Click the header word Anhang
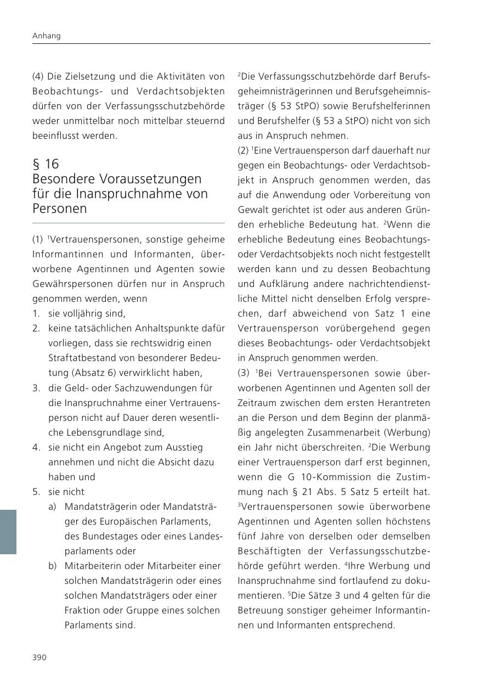pos(47,36)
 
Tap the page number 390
pos(39,657)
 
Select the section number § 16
pos(46,164)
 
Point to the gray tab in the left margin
pos(8,531)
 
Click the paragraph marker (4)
pos(38,76)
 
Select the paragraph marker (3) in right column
pos(244,373)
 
